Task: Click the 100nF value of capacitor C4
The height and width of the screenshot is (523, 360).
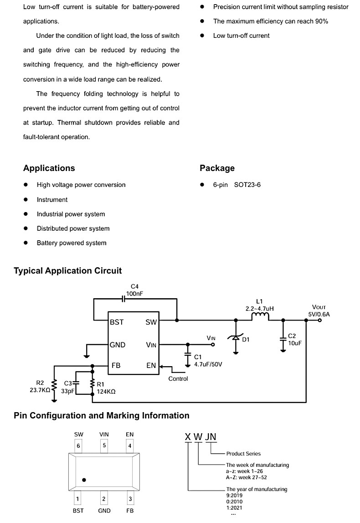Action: (134, 294)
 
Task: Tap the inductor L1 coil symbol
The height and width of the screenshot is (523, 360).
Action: (260, 316)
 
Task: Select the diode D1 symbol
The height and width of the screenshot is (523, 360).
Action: (236, 338)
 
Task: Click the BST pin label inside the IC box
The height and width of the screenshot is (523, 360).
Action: (117, 322)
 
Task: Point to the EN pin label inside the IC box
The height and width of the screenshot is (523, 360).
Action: (151, 366)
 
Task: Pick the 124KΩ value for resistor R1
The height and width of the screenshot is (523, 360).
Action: (106, 392)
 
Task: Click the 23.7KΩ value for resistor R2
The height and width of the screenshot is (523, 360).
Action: (40, 390)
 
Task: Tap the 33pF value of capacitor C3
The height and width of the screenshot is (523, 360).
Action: (67, 391)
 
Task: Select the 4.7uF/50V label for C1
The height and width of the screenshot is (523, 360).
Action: (208, 364)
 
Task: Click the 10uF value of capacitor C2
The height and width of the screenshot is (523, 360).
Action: (295, 343)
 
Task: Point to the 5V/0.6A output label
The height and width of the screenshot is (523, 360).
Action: (319, 314)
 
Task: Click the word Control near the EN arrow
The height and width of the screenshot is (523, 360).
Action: (178, 378)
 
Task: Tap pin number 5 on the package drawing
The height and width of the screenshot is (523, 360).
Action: (104, 445)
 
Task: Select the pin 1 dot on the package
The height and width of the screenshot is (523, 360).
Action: (84, 480)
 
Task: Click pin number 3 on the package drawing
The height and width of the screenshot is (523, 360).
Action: (130, 499)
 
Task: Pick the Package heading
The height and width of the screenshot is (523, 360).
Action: (217, 168)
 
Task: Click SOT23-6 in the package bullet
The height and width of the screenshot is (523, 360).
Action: (247, 185)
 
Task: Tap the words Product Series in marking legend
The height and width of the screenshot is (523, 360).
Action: (243, 454)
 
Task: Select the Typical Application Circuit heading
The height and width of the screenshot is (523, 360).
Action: (67, 270)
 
